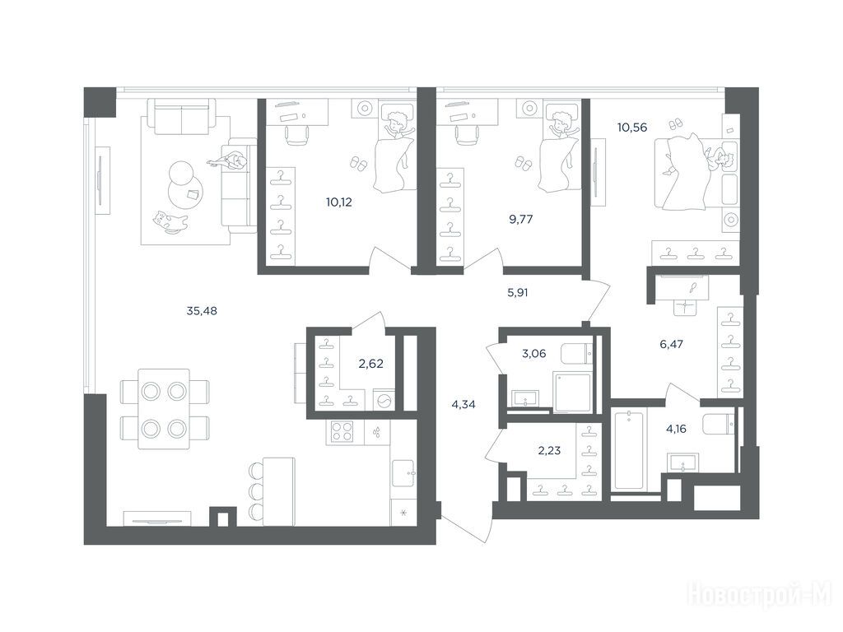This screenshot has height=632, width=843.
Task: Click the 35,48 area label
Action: (202, 310)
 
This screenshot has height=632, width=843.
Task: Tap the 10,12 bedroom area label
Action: (339, 202)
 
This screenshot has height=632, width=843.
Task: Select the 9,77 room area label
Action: (521, 219)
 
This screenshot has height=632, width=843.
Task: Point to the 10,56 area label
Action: (632, 128)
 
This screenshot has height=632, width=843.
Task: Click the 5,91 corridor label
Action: (518, 293)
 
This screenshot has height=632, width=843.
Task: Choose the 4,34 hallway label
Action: (463, 405)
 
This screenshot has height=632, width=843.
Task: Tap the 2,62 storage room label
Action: (371, 364)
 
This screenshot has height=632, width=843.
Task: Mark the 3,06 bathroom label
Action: (533, 354)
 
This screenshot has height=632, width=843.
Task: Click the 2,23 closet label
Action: (549, 450)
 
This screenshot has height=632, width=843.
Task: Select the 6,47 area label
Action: (672, 344)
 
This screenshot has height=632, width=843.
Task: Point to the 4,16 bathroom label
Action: (677, 429)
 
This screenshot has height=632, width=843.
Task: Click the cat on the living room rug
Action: (170, 222)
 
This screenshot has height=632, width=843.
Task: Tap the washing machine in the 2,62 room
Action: (384, 401)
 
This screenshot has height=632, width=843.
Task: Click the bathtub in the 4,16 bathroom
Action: (629, 449)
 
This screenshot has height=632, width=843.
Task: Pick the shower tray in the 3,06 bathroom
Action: (572, 393)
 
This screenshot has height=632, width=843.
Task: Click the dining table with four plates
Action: (164, 409)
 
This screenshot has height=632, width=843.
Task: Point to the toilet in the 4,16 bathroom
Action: (719, 424)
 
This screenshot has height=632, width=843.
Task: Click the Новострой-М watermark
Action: (760, 595)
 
